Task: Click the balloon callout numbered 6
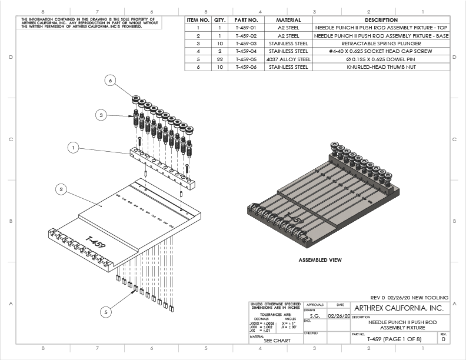click(x=110, y=82)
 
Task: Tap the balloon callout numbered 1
click(x=73, y=148)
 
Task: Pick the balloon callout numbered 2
click(x=61, y=189)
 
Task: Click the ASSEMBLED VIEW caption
click(x=320, y=259)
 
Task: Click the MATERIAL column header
click(x=288, y=19)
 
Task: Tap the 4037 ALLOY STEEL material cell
click(x=288, y=59)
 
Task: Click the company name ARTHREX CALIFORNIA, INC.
click(x=398, y=308)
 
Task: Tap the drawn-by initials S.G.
click(x=315, y=316)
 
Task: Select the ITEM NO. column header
click(x=198, y=19)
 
